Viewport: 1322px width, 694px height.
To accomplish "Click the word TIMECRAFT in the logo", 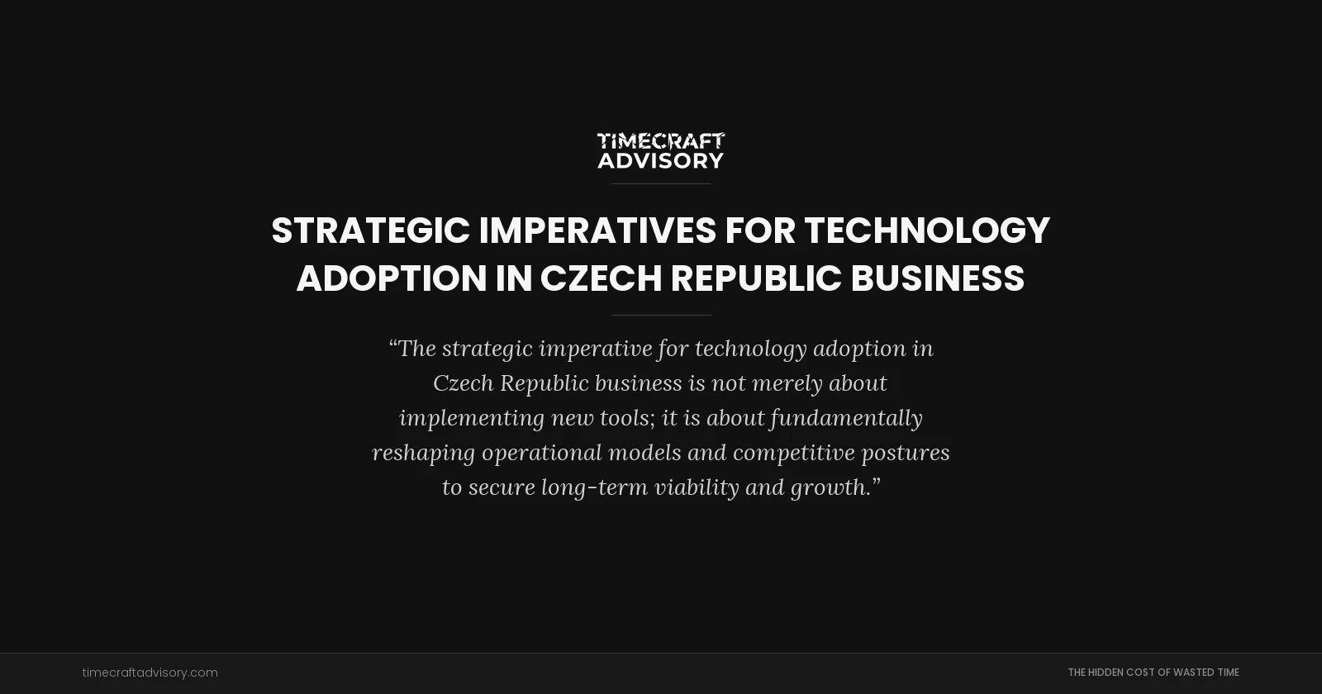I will [660, 141].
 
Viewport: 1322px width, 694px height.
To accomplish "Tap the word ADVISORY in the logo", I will [660, 160].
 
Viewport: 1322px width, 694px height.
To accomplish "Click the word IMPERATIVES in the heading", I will [597, 231].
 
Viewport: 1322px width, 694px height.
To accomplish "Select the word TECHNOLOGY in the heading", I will [926, 231].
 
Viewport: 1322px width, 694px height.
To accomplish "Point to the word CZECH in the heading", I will [601, 278].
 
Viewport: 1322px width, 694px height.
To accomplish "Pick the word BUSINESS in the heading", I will [937, 278].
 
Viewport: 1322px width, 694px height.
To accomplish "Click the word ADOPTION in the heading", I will [392, 278].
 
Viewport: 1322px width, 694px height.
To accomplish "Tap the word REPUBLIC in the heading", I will [756, 278].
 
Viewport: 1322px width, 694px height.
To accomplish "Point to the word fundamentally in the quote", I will [846, 418].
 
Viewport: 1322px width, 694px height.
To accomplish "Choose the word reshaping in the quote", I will [423, 453].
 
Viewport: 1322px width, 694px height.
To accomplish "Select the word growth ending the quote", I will [829, 487].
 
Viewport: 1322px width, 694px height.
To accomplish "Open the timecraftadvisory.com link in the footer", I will [150, 673].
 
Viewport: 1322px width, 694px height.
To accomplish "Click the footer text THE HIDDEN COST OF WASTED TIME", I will [1153, 673].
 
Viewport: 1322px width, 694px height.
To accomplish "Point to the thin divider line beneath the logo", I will [660, 183].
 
